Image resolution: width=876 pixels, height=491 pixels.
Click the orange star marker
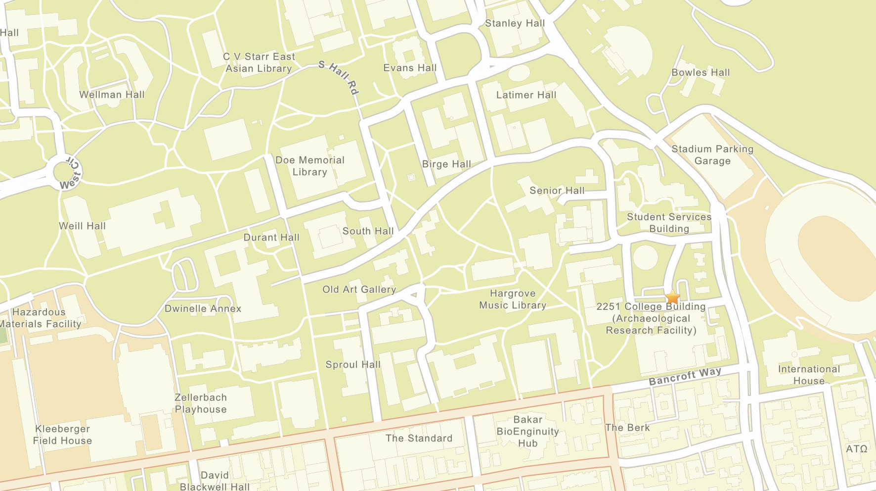tap(672, 297)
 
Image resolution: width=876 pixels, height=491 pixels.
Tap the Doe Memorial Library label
tap(310, 166)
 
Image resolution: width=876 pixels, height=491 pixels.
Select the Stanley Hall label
tap(515, 23)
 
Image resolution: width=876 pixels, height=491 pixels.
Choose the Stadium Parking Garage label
tap(712, 155)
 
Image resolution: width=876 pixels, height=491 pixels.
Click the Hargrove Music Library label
tap(513, 299)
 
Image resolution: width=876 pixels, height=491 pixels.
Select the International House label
tap(809, 375)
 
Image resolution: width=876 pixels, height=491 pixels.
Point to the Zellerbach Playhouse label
tap(201, 403)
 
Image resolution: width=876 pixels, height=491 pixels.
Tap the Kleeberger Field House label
tap(62, 435)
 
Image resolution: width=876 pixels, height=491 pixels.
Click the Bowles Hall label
tap(701, 72)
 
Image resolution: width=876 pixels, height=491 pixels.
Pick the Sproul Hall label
tap(353, 365)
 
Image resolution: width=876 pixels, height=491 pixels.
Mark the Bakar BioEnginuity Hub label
tap(527, 431)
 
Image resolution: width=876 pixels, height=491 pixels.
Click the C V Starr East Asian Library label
tap(259, 63)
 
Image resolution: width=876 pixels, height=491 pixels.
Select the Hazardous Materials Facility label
tap(40, 318)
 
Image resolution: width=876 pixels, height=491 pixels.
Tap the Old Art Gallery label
tap(359, 290)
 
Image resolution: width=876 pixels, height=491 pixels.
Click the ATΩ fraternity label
tap(857, 448)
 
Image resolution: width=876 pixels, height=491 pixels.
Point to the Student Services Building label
tap(669, 223)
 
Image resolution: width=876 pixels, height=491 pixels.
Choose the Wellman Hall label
tap(112, 95)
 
